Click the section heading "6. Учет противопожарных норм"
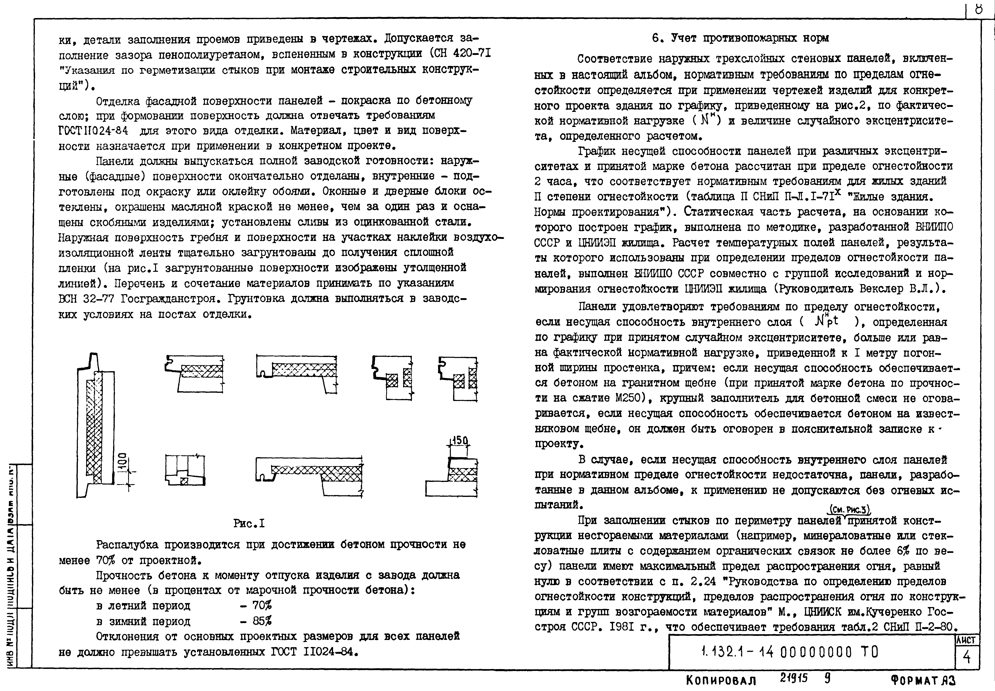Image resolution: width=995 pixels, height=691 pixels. pyautogui.click(x=740, y=38)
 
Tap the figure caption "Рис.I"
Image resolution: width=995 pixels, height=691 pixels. pyautogui.click(x=249, y=523)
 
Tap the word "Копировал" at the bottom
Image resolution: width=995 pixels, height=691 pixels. pyautogui.click(x=721, y=681)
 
